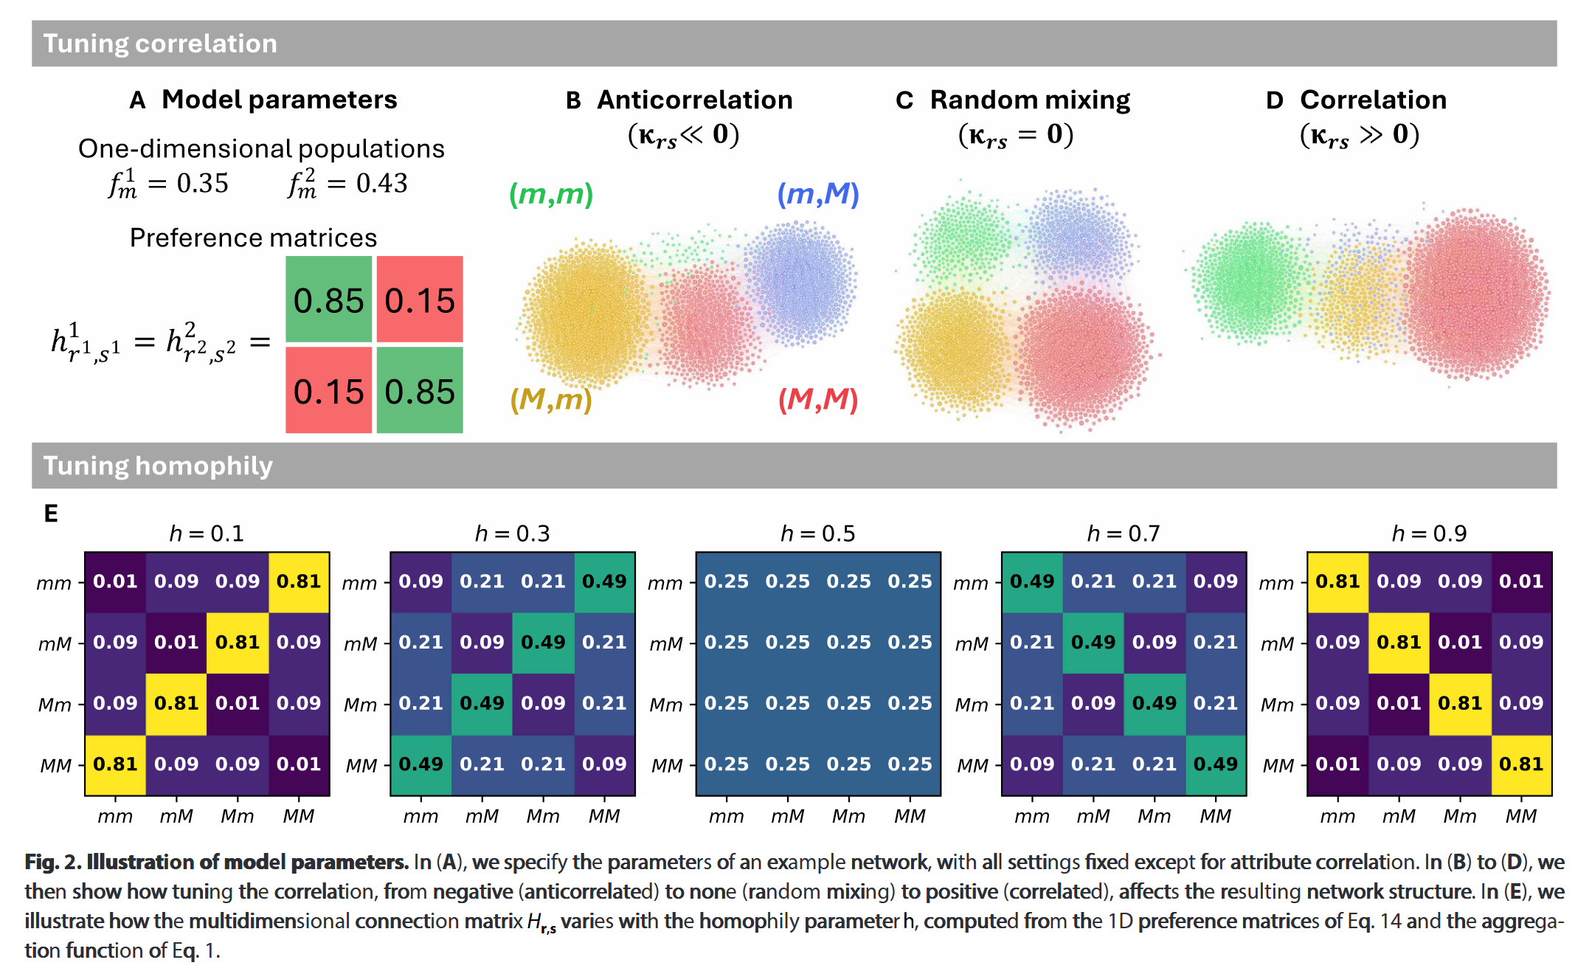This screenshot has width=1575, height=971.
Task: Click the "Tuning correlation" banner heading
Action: pyautogui.click(x=160, y=44)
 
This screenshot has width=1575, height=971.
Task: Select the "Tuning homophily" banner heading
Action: pyautogui.click(x=158, y=466)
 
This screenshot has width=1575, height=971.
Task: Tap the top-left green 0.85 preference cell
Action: pyautogui.click(x=328, y=300)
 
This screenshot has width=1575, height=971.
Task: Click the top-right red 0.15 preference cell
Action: pyautogui.click(x=420, y=300)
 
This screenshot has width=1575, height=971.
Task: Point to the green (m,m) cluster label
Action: pyautogui.click(x=551, y=194)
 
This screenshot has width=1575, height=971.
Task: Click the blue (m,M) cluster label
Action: pyautogui.click(x=818, y=194)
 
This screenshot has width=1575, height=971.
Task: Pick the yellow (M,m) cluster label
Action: pyautogui.click(x=551, y=399)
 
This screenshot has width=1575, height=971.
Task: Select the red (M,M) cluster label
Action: pyautogui.click(x=818, y=399)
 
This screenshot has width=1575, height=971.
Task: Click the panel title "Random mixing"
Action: pyautogui.click(x=1030, y=100)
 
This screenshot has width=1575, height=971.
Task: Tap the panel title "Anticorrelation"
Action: pyautogui.click(x=694, y=100)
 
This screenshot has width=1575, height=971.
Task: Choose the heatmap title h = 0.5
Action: pyautogui.click(x=817, y=533)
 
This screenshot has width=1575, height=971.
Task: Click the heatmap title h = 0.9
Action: pyautogui.click(x=1429, y=533)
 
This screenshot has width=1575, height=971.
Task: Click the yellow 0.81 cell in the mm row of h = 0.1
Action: pyautogui.click(x=299, y=581)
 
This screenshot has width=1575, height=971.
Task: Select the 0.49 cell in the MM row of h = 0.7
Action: pyautogui.click(x=1216, y=764)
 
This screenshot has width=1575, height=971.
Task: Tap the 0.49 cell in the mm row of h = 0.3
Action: pyautogui.click(x=604, y=581)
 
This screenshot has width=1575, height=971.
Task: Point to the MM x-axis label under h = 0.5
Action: pyautogui.click(x=910, y=816)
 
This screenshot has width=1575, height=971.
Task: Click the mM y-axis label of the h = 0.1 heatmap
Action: pyautogui.click(x=55, y=644)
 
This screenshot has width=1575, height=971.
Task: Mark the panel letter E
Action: pyautogui.click(x=51, y=514)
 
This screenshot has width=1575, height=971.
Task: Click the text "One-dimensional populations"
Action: pyautogui.click(x=261, y=148)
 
